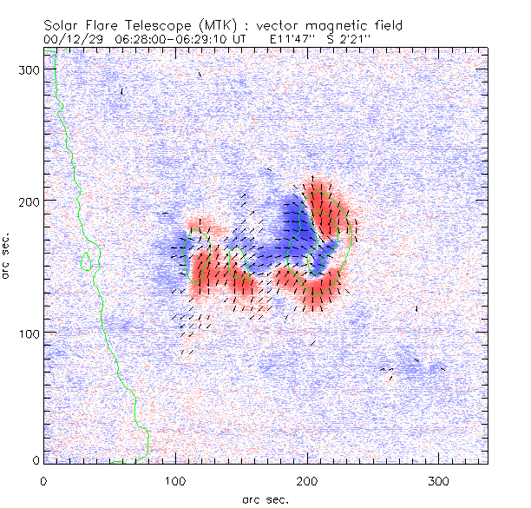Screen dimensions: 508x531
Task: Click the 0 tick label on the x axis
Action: [x=44, y=480]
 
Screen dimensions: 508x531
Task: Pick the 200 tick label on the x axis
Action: [x=308, y=480]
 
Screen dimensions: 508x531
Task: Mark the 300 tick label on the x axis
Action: [x=440, y=480]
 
